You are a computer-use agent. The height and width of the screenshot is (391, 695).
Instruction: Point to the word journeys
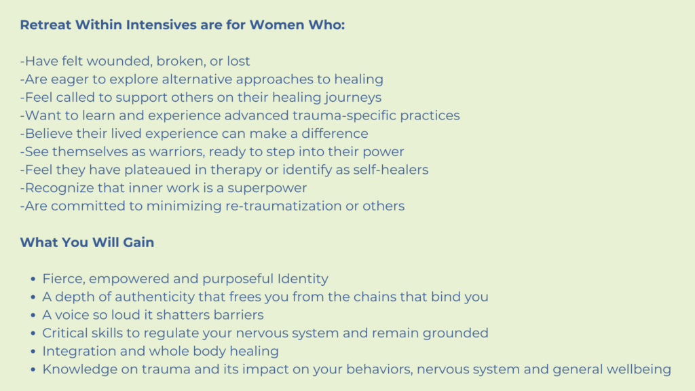353,98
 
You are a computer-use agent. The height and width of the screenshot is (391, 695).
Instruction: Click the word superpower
267,189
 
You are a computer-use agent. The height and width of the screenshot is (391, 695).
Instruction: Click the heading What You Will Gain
87,242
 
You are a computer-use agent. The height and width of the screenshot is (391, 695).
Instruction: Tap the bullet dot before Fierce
33,279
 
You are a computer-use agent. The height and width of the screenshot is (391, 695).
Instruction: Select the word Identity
303,279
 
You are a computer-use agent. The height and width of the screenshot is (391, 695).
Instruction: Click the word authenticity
155,297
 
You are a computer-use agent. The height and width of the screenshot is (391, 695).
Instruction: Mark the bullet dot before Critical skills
33,333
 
